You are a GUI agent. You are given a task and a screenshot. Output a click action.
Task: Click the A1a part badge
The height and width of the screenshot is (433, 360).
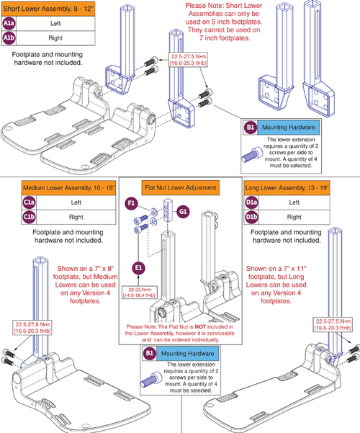[x=9, y=23]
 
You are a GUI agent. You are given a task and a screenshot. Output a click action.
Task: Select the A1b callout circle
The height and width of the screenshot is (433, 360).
[x=9, y=37]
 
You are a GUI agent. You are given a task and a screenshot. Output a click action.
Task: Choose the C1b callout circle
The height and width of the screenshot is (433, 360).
[x=9, y=218]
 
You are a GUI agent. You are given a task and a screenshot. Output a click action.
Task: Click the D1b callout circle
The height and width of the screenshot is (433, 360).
[x=251, y=218]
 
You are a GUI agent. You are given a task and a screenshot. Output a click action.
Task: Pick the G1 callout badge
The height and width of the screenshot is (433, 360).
[x=183, y=211]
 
